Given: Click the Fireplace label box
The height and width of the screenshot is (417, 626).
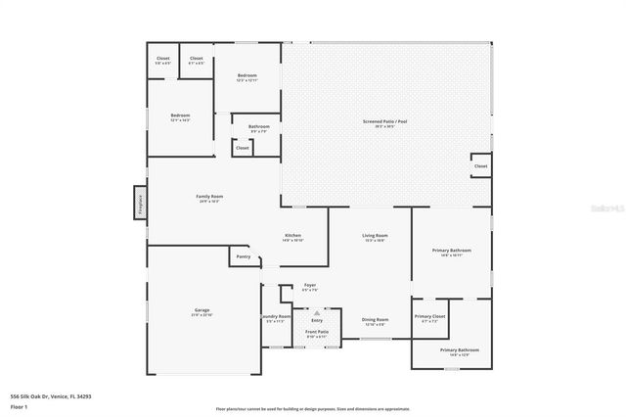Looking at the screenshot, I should coord(140,203).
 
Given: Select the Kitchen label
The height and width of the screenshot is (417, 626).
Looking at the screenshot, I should coord(292,236).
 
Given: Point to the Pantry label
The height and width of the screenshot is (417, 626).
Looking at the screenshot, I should coord(243,256).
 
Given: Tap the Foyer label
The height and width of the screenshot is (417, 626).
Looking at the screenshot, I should coord(309,287).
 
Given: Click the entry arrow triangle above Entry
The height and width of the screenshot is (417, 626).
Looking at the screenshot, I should coord(317,310).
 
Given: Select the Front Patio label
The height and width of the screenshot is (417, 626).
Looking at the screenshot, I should coord(317,333).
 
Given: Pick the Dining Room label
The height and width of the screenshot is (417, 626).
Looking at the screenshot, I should coord(376,320).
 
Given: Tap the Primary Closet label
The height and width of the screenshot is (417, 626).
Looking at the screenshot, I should coord(429,317).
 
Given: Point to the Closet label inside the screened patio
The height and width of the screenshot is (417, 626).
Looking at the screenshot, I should coord(480,166).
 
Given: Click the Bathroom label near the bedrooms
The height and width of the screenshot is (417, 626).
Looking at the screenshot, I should coord(258,126).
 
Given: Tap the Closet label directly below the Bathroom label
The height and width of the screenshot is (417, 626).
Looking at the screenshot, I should coord(242,148).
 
